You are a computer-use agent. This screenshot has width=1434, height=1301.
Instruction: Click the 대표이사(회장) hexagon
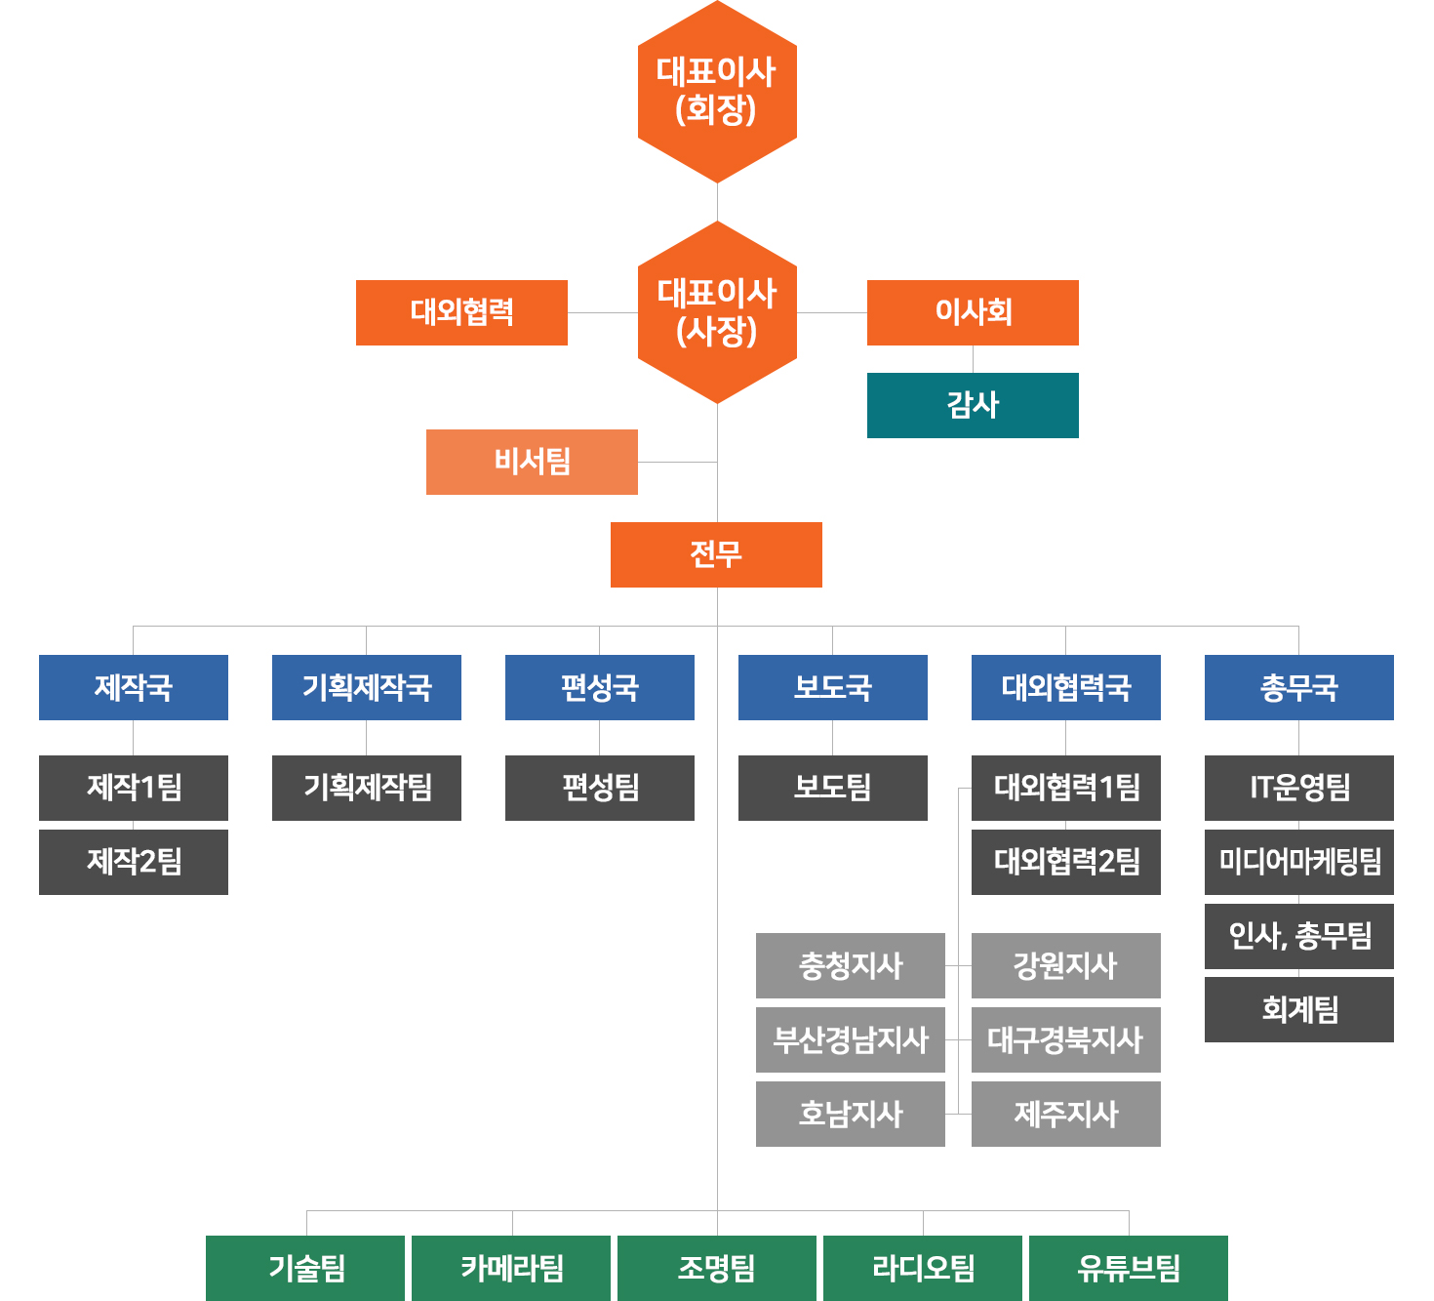[x=717, y=91]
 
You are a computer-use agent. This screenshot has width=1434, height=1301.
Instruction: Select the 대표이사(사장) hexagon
[x=717, y=312]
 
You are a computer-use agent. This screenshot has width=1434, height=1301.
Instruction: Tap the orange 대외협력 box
[x=461, y=312]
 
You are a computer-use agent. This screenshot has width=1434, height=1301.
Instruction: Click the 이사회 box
[x=973, y=312]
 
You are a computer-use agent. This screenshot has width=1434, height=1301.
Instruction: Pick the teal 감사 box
[x=973, y=405]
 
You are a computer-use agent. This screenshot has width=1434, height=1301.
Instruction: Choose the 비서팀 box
[x=532, y=462]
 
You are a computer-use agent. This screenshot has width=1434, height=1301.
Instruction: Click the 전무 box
[x=716, y=554]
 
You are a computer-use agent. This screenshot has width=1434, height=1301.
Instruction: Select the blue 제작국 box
[x=134, y=687]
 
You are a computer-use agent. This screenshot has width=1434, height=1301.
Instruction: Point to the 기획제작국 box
[x=367, y=687]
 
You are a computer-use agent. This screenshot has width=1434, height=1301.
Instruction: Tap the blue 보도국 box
[x=832, y=687]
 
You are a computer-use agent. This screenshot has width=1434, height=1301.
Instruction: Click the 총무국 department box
[x=1298, y=687]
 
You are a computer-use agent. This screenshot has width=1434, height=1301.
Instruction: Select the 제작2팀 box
[x=134, y=862]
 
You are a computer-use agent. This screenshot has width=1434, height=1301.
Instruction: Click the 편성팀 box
[x=600, y=788]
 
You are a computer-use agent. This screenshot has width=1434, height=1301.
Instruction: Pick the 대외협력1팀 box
[x=1066, y=788]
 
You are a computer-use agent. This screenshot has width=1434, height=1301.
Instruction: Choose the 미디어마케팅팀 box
[x=1298, y=862]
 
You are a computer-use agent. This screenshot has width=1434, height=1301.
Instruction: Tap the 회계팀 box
[x=1298, y=1009]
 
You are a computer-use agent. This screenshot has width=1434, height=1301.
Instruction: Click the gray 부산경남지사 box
[x=851, y=1039]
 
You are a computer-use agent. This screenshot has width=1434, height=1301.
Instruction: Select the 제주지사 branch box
[x=1066, y=1114]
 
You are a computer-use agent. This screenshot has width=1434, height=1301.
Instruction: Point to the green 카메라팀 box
[x=511, y=1268]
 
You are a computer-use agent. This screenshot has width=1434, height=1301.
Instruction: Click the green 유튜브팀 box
[x=1129, y=1268]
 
